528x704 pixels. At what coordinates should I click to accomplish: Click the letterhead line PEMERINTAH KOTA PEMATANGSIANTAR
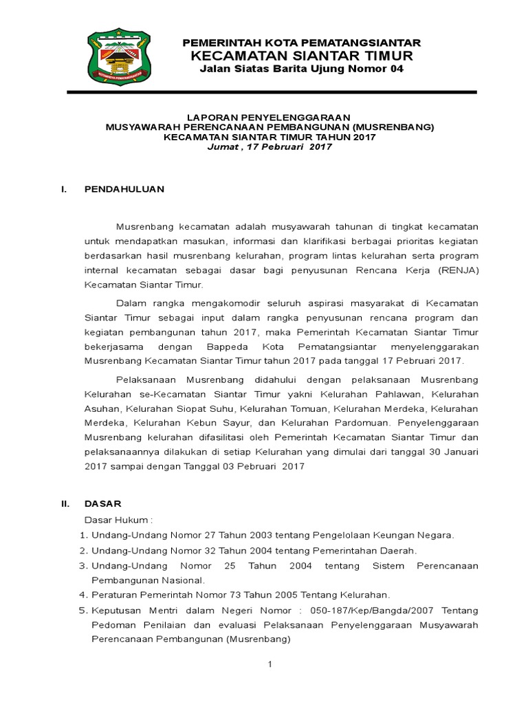click(301, 43)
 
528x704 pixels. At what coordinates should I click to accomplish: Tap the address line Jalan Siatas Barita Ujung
click(301, 69)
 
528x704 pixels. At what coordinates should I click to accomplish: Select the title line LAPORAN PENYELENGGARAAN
click(269, 118)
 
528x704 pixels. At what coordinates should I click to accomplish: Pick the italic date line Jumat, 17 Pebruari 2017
click(269, 146)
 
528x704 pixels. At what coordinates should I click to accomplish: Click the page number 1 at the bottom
click(270, 663)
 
